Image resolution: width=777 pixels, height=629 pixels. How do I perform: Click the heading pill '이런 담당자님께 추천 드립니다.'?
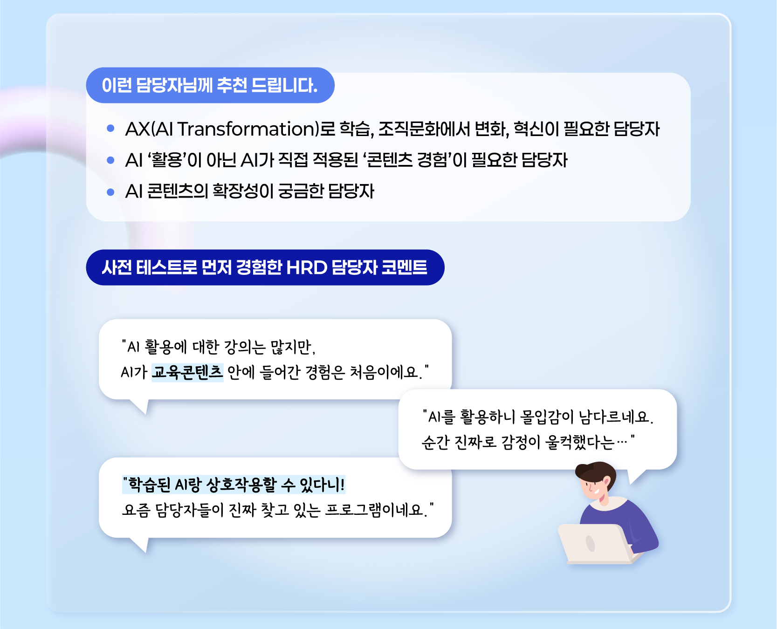[210, 85]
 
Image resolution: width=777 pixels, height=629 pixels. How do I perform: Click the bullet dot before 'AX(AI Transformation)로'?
[110, 129]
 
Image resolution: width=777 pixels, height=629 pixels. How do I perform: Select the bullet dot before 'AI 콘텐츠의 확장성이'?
[110, 191]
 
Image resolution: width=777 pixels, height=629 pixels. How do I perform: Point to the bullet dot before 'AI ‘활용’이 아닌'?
[110, 160]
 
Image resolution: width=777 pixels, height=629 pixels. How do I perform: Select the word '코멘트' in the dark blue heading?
[404, 267]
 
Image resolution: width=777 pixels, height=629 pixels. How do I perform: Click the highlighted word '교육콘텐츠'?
[187, 372]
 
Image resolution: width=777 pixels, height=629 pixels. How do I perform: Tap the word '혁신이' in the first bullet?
[536, 129]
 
